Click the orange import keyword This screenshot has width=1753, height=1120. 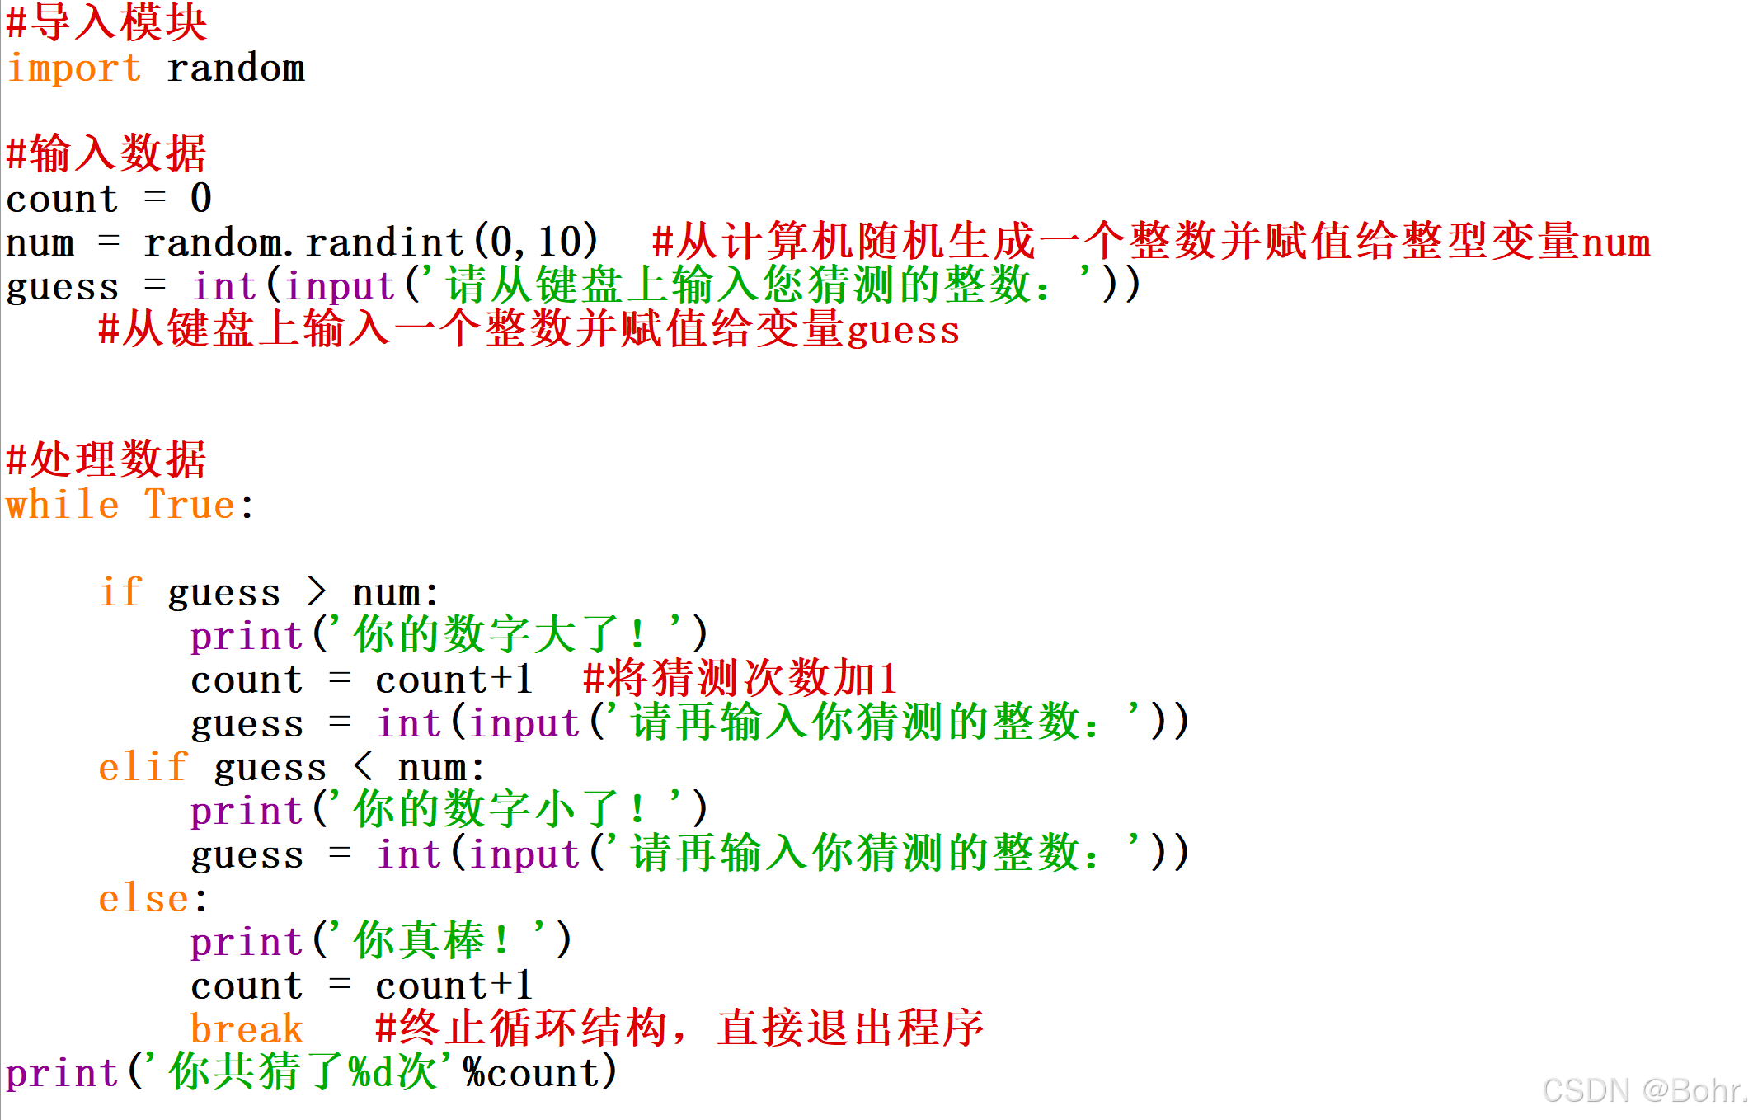click(73, 68)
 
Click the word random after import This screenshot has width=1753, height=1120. click(236, 68)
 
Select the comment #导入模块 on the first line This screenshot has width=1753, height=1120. click(106, 22)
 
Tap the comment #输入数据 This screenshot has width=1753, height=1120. click(106, 154)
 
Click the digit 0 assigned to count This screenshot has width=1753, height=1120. click(200, 199)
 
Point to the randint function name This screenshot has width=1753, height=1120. click(384, 242)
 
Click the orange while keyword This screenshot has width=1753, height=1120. click(63, 505)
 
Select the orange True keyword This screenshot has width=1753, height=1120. click(190, 505)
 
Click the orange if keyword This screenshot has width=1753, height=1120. click(120, 592)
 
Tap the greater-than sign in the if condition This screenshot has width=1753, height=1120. click(317, 592)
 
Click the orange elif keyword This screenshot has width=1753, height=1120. click(143, 767)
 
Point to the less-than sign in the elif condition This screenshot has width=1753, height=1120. click(363, 767)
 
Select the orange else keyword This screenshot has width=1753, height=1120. click(143, 898)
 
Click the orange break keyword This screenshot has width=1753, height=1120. click(247, 1029)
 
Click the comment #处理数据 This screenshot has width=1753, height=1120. click(106, 460)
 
